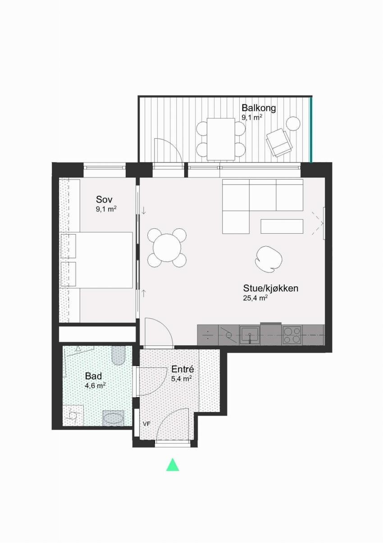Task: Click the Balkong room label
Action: (x=259, y=108)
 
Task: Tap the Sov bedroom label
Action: (x=104, y=199)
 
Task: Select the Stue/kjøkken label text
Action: (x=271, y=289)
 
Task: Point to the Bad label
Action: (x=93, y=376)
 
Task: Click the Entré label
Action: (x=183, y=369)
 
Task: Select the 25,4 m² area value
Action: (x=255, y=298)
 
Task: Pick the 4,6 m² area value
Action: (x=95, y=385)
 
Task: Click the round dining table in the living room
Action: (x=167, y=248)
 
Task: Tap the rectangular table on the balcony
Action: (x=221, y=139)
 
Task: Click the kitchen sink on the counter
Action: (x=250, y=335)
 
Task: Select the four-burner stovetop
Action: (x=292, y=335)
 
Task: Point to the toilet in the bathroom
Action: (x=119, y=355)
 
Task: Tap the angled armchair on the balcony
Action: (x=278, y=143)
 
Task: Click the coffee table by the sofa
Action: (x=282, y=226)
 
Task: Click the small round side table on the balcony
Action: (x=293, y=123)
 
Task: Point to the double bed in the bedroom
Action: (x=96, y=260)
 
